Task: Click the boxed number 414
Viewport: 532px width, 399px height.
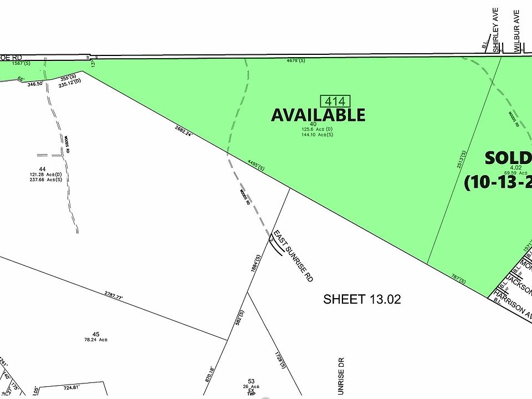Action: tap(336, 101)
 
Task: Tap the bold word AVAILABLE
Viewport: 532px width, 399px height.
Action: tap(318, 115)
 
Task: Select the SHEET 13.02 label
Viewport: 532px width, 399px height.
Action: tap(362, 299)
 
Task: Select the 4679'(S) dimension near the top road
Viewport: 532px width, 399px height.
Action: tap(295, 60)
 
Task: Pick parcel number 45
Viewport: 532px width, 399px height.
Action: tap(95, 334)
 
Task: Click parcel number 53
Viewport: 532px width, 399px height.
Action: tap(251, 381)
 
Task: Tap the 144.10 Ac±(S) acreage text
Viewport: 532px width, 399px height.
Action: tap(318, 135)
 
